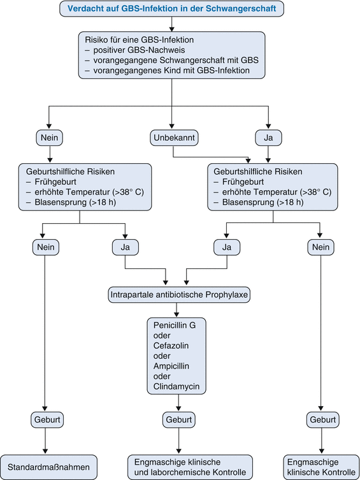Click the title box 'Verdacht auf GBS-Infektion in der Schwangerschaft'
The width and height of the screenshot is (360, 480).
[171, 8]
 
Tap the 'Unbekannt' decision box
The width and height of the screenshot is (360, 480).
[174, 138]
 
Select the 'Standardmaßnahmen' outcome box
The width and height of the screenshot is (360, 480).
[48, 467]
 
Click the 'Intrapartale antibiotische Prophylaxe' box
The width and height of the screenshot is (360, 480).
[179, 295]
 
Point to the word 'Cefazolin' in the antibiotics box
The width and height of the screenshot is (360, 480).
[171, 345]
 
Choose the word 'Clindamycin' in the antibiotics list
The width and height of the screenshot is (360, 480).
[176, 386]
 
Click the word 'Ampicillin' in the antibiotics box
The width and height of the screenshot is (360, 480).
[171, 366]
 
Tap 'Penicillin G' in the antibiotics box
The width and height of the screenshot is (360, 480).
[175, 325]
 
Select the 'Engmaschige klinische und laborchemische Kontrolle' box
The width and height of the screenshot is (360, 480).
[190, 467]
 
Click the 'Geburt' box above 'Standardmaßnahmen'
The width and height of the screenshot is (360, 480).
[47, 419]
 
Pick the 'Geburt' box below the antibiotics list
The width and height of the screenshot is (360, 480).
[178, 419]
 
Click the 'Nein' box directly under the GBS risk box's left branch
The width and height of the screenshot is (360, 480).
[49, 138]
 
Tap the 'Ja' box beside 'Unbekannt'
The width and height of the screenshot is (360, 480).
[268, 138]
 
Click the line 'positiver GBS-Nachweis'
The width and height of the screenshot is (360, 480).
[139, 50]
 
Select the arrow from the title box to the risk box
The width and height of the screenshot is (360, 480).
[171, 24]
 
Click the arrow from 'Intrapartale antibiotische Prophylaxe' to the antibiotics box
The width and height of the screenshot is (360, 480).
[176, 310]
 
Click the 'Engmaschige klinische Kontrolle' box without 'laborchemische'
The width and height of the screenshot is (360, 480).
[321, 467]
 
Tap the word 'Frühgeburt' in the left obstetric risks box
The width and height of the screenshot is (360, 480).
[55, 182]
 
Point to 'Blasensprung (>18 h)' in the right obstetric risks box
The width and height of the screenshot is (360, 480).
[263, 202]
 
